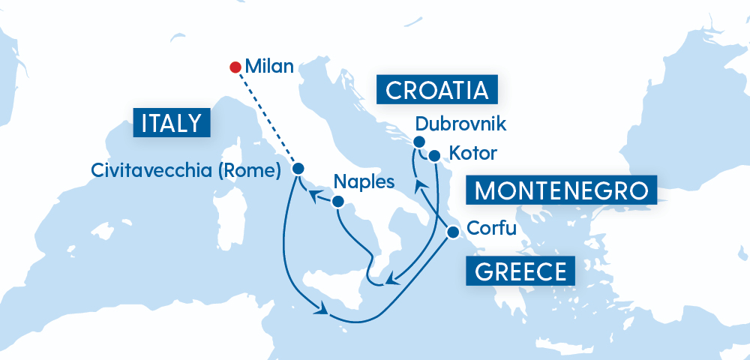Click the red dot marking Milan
click(x=234, y=67)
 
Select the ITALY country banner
click(x=171, y=123)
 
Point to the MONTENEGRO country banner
click(x=561, y=190)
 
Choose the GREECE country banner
click(x=520, y=271)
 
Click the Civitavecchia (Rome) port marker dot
click(x=298, y=169)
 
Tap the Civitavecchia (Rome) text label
click(x=186, y=169)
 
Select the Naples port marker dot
click(x=338, y=201)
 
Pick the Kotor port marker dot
click(x=433, y=155)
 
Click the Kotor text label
click(x=472, y=154)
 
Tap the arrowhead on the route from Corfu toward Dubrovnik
click(x=423, y=196)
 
